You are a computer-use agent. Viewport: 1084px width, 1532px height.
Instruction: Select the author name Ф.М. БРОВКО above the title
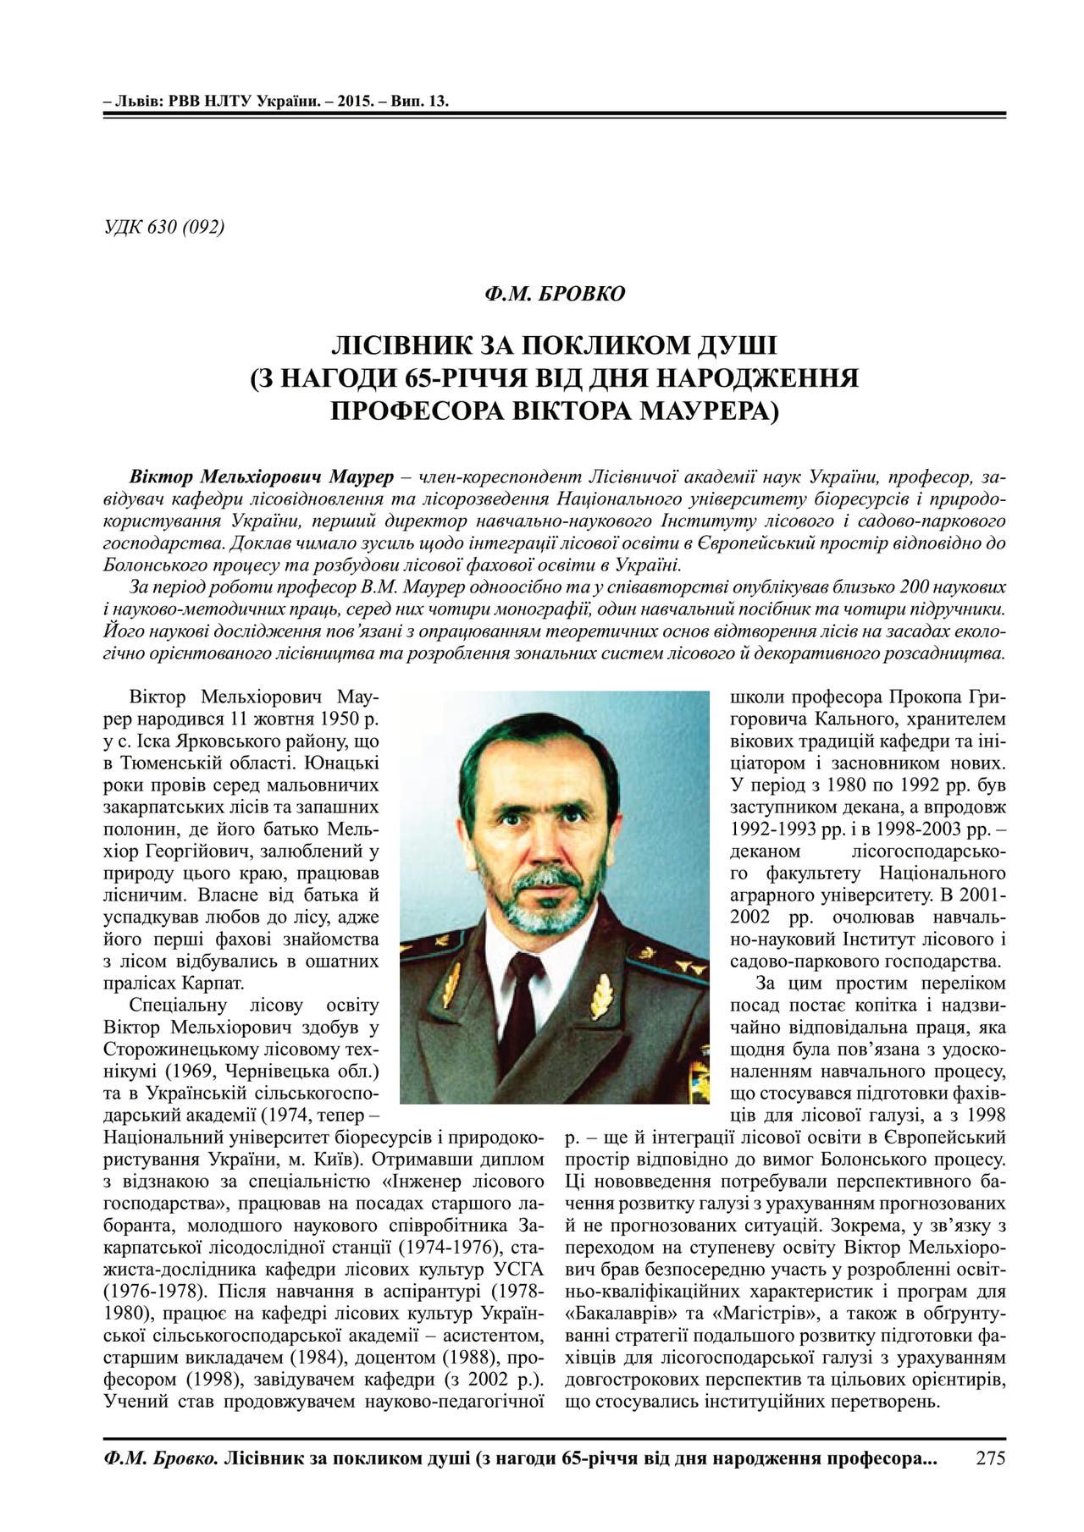pyautogui.click(x=555, y=294)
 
